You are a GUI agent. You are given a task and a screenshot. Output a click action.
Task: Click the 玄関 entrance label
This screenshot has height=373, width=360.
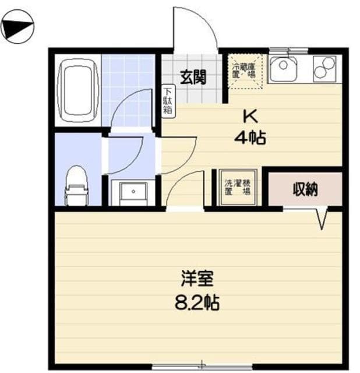(x=192, y=78)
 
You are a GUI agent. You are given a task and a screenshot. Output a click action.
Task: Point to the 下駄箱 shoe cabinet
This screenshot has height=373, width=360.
(x=167, y=100)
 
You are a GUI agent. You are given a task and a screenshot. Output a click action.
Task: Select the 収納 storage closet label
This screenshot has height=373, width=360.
(x=304, y=188)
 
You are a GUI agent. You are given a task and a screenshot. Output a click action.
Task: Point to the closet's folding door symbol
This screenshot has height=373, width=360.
(x=322, y=217)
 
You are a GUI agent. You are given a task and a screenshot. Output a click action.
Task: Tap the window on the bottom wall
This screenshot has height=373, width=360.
(x=201, y=367)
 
